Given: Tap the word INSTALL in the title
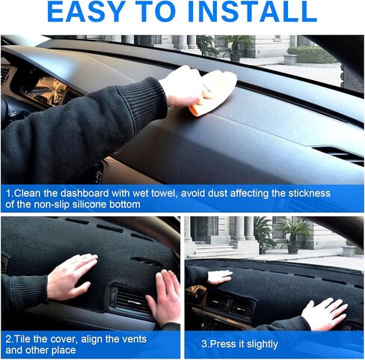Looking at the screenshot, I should (254, 13).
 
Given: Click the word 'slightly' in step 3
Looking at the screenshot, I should (257, 344).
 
